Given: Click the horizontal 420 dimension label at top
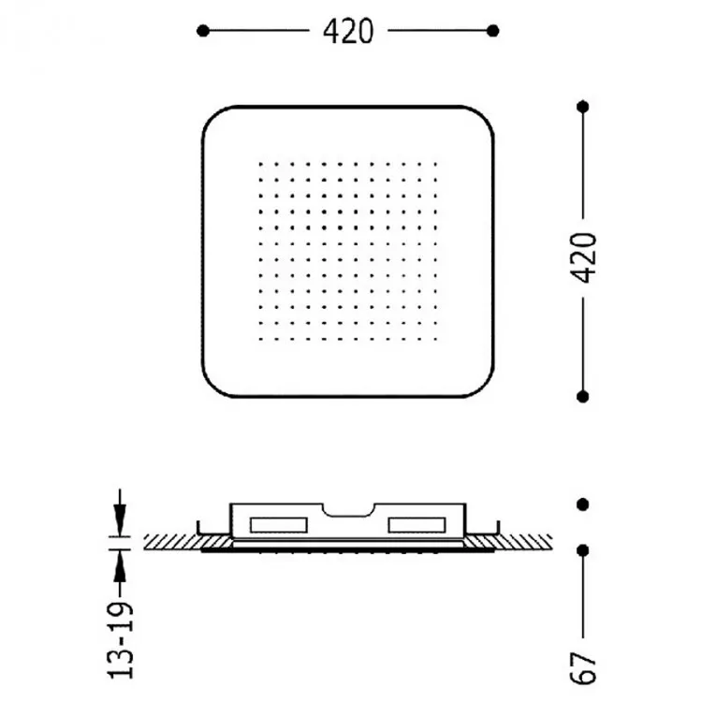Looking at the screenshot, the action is click(348, 31).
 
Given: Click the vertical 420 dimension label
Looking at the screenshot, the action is click(584, 258).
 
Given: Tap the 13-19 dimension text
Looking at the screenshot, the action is click(121, 640).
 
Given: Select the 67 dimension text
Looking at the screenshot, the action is click(584, 668).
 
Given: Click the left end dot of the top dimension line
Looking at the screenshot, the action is click(203, 31).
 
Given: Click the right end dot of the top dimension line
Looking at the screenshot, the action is click(493, 31).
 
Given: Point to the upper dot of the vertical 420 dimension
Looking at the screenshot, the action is click(582, 107).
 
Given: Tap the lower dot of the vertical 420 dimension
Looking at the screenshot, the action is click(582, 396).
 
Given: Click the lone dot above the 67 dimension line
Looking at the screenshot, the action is click(582, 505).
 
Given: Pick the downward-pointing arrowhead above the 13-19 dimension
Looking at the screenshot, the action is click(120, 519).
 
